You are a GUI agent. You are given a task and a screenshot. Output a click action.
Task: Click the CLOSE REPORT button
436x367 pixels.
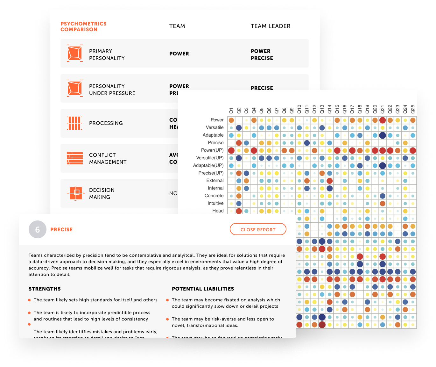pyautogui.click(x=258, y=229)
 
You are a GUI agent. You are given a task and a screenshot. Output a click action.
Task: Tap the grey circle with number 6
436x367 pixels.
pyautogui.click(x=38, y=229)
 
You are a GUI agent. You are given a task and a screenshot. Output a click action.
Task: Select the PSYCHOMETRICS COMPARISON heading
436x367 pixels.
pyautogui.click(x=83, y=26)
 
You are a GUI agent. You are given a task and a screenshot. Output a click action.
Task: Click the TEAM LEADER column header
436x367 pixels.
pyautogui.click(x=271, y=26)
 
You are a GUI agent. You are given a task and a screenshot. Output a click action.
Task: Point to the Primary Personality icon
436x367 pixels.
pyautogui.click(x=75, y=53)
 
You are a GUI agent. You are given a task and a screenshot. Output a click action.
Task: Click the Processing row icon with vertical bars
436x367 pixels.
pyautogui.click(x=74, y=123)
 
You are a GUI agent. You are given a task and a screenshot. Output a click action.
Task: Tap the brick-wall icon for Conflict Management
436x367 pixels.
pyautogui.click(x=75, y=158)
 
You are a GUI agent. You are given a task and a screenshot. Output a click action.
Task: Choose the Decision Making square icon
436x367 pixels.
pyautogui.click(x=76, y=193)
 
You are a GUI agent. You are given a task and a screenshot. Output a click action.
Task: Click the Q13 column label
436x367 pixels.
pyautogui.click(x=322, y=109)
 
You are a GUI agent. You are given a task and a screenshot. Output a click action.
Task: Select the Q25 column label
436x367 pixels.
pyautogui.click(x=413, y=109)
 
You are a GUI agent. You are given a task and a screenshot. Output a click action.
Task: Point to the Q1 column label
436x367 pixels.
pyautogui.click(x=231, y=110)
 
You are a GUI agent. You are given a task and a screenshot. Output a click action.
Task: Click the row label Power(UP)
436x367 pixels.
pyautogui.click(x=212, y=150)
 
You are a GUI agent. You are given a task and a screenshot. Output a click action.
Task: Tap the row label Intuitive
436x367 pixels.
pyautogui.click(x=215, y=203)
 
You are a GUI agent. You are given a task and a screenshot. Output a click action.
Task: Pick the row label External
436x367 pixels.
pyautogui.click(x=215, y=180)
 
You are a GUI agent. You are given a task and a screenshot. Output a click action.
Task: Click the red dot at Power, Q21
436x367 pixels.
pyautogui.click(x=383, y=120)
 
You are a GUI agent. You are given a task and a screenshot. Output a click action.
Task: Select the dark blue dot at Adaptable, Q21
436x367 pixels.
pyautogui.click(x=383, y=135)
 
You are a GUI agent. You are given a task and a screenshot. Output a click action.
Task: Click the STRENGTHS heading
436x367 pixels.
pyautogui.click(x=45, y=289)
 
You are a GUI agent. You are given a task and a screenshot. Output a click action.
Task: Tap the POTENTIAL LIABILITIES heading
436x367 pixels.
pyautogui.click(x=203, y=289)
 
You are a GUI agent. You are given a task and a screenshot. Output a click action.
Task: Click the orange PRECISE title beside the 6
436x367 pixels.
pyautogui.click(x=61, y=229)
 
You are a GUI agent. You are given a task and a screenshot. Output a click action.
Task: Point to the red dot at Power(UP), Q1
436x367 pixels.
pyautogui.click(x=231, y=150)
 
